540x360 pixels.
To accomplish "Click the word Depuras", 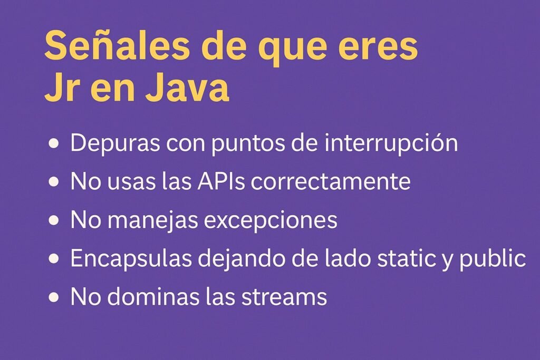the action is pyautogui.click(x=115, y=143).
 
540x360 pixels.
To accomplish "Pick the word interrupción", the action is pyautogui.click(x=391, y=143).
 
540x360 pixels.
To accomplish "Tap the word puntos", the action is pyautogui.click(x=248, y=144).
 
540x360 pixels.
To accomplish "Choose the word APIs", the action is pyautogui.click(x=221, y=181).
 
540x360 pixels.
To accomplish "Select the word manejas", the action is pyautogui.click(x=153, y=221).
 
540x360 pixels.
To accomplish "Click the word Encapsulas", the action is pyautogui.click(x=131, y=259).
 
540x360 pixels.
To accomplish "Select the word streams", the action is pyautogui.click(x=284, y=297).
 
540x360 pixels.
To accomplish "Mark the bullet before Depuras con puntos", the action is pyautogui.click(x=54, y=143).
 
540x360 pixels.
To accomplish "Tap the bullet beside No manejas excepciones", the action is pyautogui.click(x=54, y=220).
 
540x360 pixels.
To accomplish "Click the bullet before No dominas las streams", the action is pyautogui.click(x=54, y=297).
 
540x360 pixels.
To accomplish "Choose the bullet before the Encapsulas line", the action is pyautogui.click(x=54, y=259).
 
